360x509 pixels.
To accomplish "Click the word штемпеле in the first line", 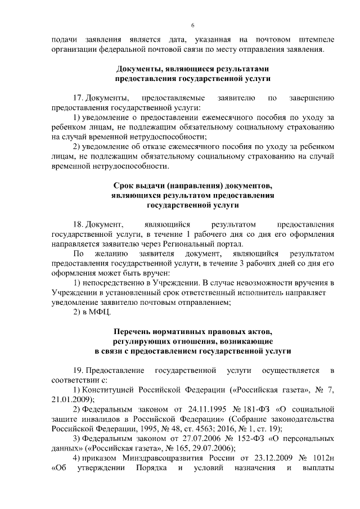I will (317, 40).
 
